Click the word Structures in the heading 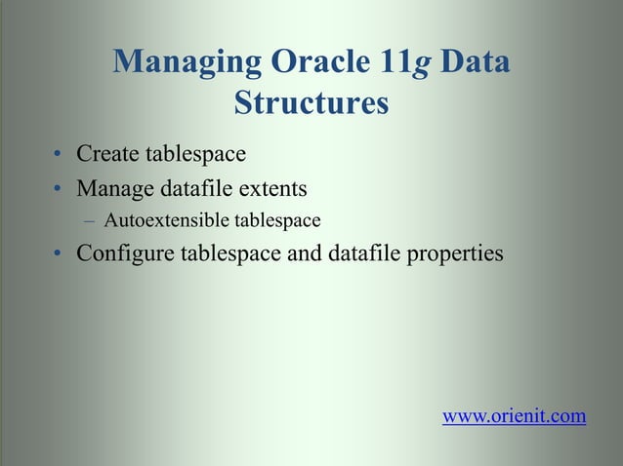pyautogui.click(x=311, y=102)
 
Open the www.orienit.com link pyautogui.click(x=515, y=417)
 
